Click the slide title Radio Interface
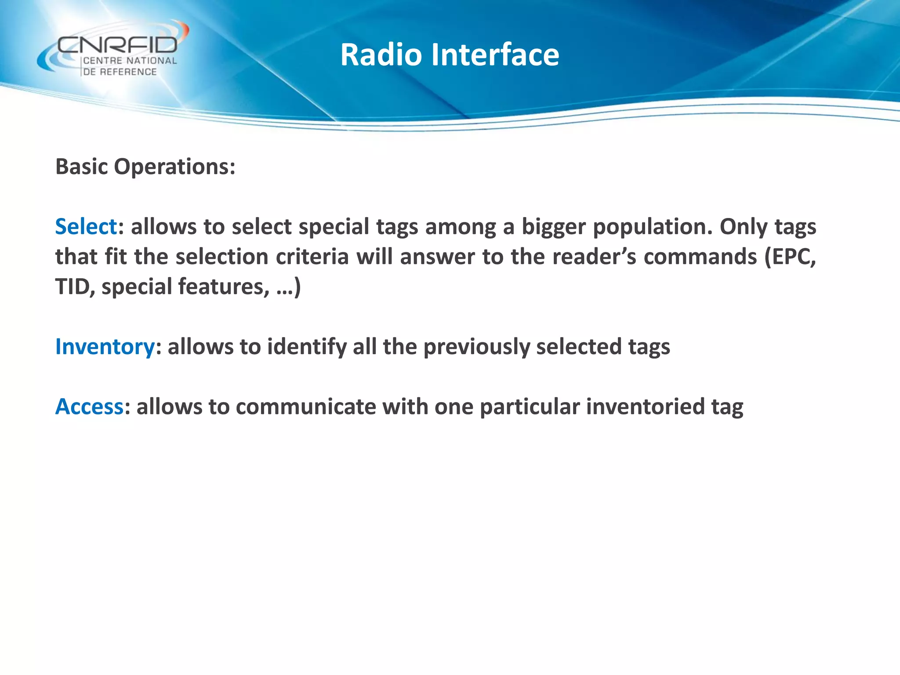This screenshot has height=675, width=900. click(x=450, y=55)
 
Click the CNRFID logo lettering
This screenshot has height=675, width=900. click(x=117, y=45)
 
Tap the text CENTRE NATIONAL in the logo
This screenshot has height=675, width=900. click(x=130, y=61)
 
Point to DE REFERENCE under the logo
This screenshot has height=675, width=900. click(x=120, y=72)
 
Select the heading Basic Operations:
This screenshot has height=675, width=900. click(x=145, y=167)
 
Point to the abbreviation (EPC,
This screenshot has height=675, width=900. click(x=790, y=257)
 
